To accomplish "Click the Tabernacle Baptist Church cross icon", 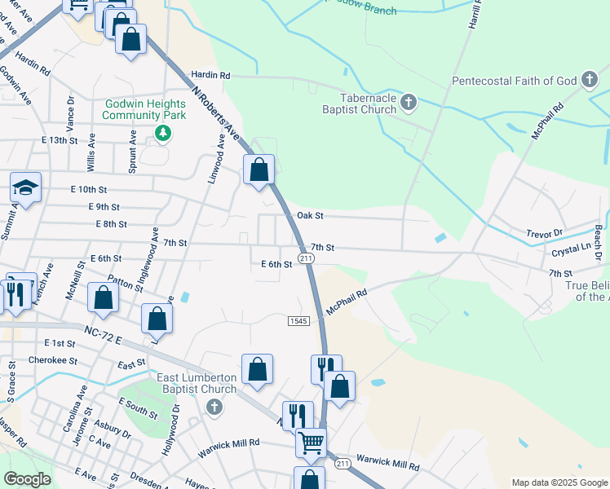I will pyautogui.click(x=409, y=102).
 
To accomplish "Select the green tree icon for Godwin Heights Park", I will pyautogui.click(x=163, y=132).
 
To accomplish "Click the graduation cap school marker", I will pyautogui.click(x=25, y=189).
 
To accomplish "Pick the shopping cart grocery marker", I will pyautogui.click(x=311, y=443).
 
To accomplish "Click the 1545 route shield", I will pyautogui.click(x=298, y=321).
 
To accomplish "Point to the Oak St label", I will pyautogui.click(x=310, y=216).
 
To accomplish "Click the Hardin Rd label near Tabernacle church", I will pyautogui.click(x=210, y=75).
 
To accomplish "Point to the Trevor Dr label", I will pyautogui.click(x=546, y=233).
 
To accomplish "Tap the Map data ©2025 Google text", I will pyautogui.click(x=559, y=482).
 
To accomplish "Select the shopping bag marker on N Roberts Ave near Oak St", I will pyautogui.click(x=259, y=170).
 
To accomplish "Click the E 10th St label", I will pyautogui.click(x=89, y=189).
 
